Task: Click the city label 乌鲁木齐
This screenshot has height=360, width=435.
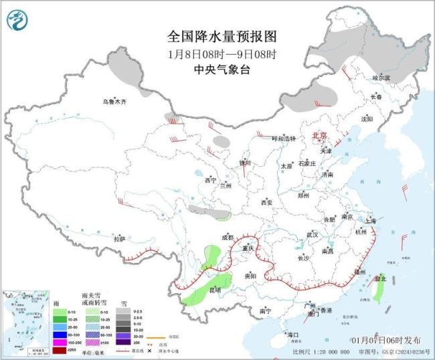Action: pos(114,102)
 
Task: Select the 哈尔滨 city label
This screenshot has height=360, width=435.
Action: pos(381,78)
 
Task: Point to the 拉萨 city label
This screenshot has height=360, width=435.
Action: pos(119,239)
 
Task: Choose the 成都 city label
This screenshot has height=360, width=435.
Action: pos(228,238)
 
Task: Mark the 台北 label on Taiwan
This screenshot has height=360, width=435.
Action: pos(379,278)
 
